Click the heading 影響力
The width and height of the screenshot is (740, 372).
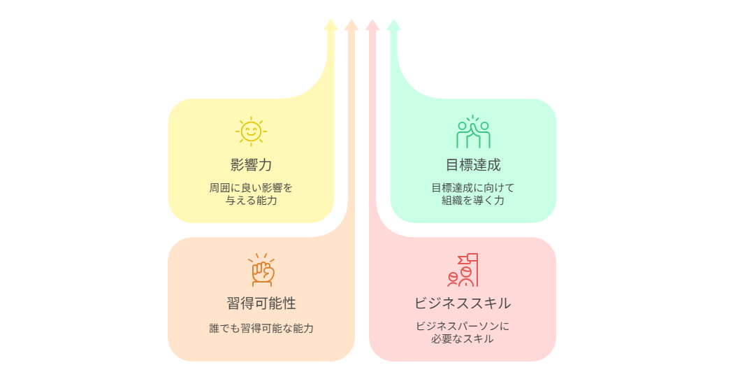[x=251, y=165]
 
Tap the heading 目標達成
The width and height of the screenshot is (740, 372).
[x=473, y=165]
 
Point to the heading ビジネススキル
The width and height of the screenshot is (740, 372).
[x=462, y=303]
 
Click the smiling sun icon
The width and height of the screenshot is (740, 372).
[x=251, y=131]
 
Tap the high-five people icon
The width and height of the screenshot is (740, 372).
[x=473, y=131]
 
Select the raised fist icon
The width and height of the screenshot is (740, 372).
[x=262, y=270]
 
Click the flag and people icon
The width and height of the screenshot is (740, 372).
[x=463, y=270]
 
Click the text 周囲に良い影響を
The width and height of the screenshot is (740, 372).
[x=251, y=187]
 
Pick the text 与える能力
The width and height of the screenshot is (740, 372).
[x=251, y=201]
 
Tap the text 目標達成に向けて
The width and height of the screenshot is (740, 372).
[x=473, y=187]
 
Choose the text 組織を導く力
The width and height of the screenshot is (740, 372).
[x=473, y=201]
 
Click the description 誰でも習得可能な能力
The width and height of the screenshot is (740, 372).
[x=261, y=328]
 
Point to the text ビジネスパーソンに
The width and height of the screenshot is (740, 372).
[x=463, y=326]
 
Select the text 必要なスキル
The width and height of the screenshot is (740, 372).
[x=463, y=339]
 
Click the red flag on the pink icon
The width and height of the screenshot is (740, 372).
[x=472, y=258]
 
